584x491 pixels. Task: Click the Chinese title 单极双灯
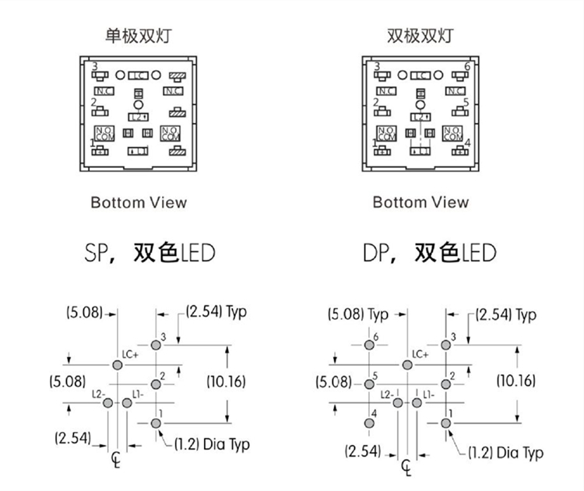coord(139,36)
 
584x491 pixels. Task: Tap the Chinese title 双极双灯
coord(420,36)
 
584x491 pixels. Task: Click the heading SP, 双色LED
coord(149,253)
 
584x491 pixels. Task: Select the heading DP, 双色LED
coord(429,253)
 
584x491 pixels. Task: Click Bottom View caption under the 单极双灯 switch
coord(139,202)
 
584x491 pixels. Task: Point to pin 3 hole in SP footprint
coord(156,345)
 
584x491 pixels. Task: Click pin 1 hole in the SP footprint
coord(156,423)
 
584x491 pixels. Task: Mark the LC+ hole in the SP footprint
coord(117,364)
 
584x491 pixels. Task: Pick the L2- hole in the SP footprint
coord(108,402)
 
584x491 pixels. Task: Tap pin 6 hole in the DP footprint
coord(368,345)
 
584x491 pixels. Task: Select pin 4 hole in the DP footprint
coord(368,423)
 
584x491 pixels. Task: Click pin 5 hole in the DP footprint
coord(368,384)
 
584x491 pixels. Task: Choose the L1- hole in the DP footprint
coord(417,402)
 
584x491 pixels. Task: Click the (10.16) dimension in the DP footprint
coord(519,381)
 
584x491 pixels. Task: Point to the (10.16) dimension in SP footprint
coord(227,381)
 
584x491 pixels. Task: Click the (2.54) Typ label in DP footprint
coord(505,315)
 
